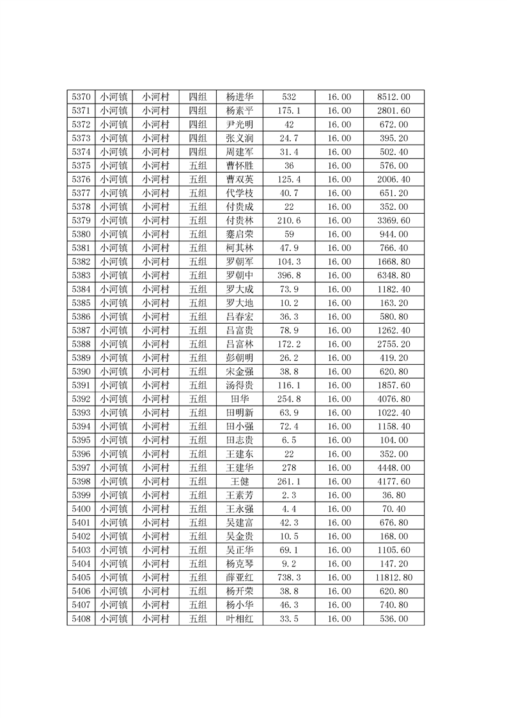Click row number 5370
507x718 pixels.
tap(81, 97)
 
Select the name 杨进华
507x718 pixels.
tap(240, 97)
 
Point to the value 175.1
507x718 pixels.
tap(289, 111)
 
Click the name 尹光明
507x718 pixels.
tap(240, 125)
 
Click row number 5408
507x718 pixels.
tap(81, 619)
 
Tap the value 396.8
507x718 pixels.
tap(289, 276)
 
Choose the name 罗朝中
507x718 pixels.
tap(240, 276)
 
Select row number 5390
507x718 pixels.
tap(81, 372)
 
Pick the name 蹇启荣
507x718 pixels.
tap(240, 234)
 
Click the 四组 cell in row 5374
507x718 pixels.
tap(198, 152)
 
